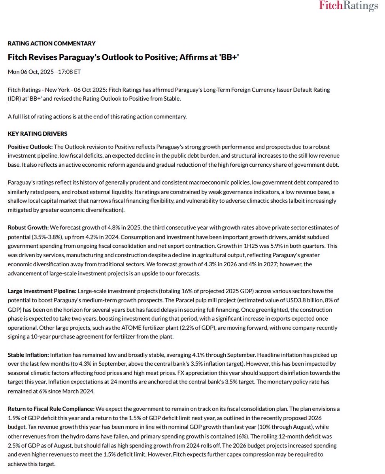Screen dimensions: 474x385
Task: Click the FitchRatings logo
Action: point(348,6)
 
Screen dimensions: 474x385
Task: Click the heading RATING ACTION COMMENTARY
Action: point(52,43)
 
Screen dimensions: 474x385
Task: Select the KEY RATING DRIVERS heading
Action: point(38,134)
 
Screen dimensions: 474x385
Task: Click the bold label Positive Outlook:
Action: point(30,147)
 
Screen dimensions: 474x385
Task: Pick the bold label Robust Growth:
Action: point(28,228)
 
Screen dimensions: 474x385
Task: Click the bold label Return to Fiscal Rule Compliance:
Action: point(51,409)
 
